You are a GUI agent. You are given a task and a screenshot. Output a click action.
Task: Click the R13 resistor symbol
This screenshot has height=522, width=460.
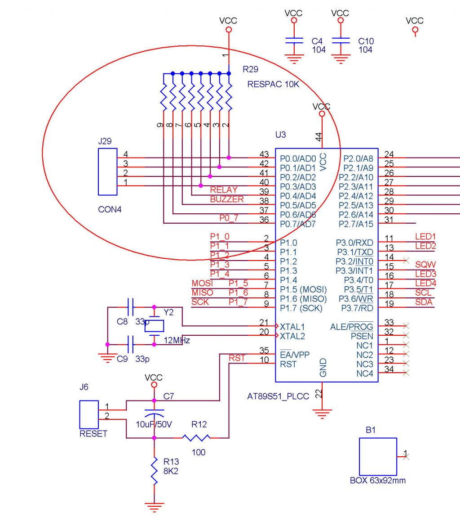pyautogui.click(x=154, y=471)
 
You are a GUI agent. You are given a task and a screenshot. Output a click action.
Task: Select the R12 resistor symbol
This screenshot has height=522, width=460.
pyautogui.click(x=196, y=438)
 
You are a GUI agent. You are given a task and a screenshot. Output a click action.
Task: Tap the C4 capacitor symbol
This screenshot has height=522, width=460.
pyautogui.click(x=294, y=40)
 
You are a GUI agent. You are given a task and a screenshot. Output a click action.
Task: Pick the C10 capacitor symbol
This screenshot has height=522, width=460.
pyautogui.click(x=341, y=40)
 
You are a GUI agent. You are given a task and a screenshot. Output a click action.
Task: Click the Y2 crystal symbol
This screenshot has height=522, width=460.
pyautogui.click(x=154, y=326)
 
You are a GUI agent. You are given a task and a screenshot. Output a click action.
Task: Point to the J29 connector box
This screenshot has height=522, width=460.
pyautogui.click(x=108, y=171)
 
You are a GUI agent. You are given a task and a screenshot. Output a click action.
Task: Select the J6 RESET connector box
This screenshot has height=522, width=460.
pyautogui.click(x=89, y=414)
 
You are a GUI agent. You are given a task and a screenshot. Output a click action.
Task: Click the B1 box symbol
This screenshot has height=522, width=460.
pyautogui.click(x=378, y=456)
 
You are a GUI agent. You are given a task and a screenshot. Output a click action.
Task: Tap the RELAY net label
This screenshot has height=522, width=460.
pyautogui.click(x=224, y=190)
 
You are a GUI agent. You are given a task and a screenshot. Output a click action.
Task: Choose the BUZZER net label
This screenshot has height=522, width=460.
pyautogui.click(x=227, y=199)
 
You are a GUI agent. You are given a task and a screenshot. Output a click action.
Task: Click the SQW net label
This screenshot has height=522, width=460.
pyautogui.click(x=425, y=265)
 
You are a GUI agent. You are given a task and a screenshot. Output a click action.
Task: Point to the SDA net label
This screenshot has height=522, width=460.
pyautogui.click(x=424, y=302)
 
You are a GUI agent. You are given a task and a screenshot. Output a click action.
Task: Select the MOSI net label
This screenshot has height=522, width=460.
pyautogui.click(x=202, y=283)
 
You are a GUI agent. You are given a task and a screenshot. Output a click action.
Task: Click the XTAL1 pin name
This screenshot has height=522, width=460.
pyautogui.click(x=292, y=327)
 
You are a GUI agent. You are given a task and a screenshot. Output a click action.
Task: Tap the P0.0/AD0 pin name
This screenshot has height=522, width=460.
pyautogui.click(x=298, y=159)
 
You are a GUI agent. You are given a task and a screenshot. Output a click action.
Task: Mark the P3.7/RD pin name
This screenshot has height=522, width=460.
pyautogui.click(x=357, y=308)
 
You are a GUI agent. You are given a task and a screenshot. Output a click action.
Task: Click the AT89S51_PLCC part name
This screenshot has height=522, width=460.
pyautogui.click(x=278, y=396)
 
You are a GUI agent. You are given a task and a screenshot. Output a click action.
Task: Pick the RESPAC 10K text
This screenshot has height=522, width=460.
pyautogui.click(x=273, y=84)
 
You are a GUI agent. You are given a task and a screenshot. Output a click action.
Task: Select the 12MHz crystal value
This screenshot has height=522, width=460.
pyautogui.click(x=177, y=341)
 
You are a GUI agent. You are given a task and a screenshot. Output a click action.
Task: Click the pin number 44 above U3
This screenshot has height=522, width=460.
pyautogui.click(x=319, y=137)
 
